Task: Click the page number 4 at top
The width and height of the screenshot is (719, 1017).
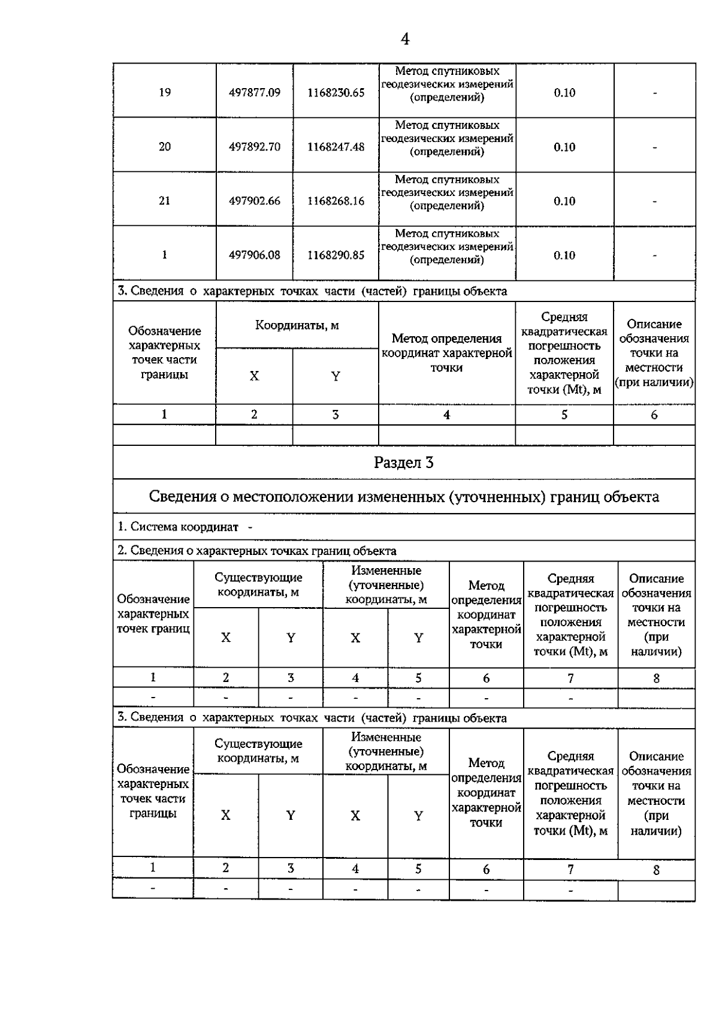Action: coord(405,40)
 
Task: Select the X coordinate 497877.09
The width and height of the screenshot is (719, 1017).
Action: coord(255,93)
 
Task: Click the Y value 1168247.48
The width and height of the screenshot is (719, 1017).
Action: coord(336,147)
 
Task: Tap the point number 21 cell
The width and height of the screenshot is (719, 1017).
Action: coord(164,201)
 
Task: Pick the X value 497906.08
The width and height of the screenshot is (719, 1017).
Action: coord(255,255)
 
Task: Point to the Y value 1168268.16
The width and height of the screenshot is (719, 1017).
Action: coord(336,201)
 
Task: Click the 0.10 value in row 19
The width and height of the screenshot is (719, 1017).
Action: coord(564,93)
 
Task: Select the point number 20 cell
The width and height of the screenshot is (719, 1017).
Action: coord(164,147)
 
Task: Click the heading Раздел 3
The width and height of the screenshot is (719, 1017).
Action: coord(404,463)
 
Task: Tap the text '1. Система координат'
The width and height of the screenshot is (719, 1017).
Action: coord(178,527)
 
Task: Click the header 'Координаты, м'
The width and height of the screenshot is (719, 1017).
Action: coord(297,325)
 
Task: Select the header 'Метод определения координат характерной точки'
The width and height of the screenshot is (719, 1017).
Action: coord(446,353)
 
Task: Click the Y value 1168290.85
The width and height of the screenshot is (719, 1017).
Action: coord(336,255)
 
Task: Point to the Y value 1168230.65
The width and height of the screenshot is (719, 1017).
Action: coord(336,93)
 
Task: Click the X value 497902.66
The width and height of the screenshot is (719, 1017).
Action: coord(255,201)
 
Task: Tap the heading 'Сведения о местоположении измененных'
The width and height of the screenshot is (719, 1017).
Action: coord(404,497)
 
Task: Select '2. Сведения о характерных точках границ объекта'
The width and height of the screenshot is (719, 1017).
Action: coord(256,551)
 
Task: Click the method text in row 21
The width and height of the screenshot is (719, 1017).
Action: coord(447,192)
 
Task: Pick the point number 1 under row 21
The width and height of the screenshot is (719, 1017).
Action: coord(164,255)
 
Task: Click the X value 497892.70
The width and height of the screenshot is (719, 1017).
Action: coord(255,147)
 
